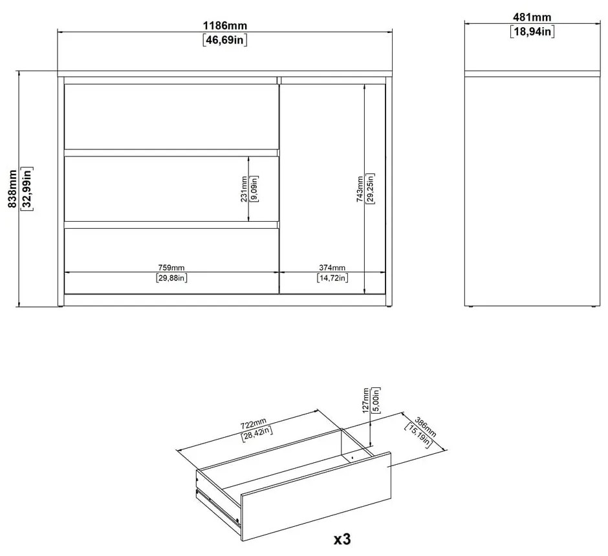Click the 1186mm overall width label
pyautogui.click(x=225, y=25)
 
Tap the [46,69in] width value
pyautogui.click(x=225, y=39)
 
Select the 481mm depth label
pyautogui.click(x=532, y=17)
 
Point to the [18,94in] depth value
pyautogui.click(x=532, y=31)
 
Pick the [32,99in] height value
pyautogui.click(x=27, y=189)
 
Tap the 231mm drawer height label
pyautogui.click(x=244, y=189)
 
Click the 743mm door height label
pyautogui.click(x=360, y=189)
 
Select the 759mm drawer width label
pyautogui.click(x=171, y=268)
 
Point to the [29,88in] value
pyautogui.click(x=171, y=279)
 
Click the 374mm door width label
pyautogui.click(x=332, y=268)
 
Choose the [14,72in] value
pyautogui.click(x=332, y=279)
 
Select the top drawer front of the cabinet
pyautogui.click(x=171, y=116)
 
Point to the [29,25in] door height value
pyautogui.click(x=369, y=189)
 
